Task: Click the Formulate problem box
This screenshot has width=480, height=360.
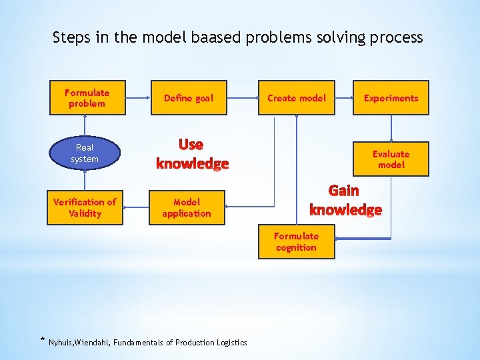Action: (x=87, y=98)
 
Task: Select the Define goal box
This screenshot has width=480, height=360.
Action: (x=189, y=98)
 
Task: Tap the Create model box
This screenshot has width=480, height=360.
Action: (x=297, y=98)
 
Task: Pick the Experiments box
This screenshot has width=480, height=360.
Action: (x=391, y=98)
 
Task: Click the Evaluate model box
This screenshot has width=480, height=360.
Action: (x=391, y=159)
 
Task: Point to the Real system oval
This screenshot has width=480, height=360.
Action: (x=85, y=153)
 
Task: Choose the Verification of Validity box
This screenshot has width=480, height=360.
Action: (x=85, y=207)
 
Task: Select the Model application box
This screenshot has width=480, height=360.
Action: (x=186, y=207)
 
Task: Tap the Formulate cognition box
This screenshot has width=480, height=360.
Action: (x=296, y=241)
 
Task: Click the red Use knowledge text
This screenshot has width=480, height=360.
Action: (x=192, y=154)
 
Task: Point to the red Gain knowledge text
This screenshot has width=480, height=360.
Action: (x=345, y=201)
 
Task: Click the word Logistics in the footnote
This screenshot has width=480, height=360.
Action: (x=232, y=343)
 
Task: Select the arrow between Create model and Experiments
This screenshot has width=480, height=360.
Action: (x=343, y=98)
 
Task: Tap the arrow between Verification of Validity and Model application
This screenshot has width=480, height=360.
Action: (x=136, y=207)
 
